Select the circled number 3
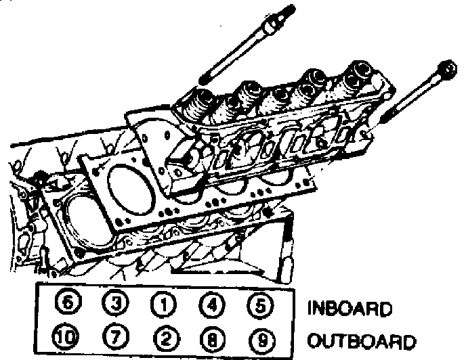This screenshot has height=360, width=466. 115,305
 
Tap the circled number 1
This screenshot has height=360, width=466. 163,305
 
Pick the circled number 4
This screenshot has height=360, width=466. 211,305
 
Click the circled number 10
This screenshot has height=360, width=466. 66,335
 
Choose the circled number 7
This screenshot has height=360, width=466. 115,335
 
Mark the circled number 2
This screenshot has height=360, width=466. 163,336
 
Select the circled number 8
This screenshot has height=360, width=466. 211,336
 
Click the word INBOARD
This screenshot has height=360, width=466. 349,309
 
